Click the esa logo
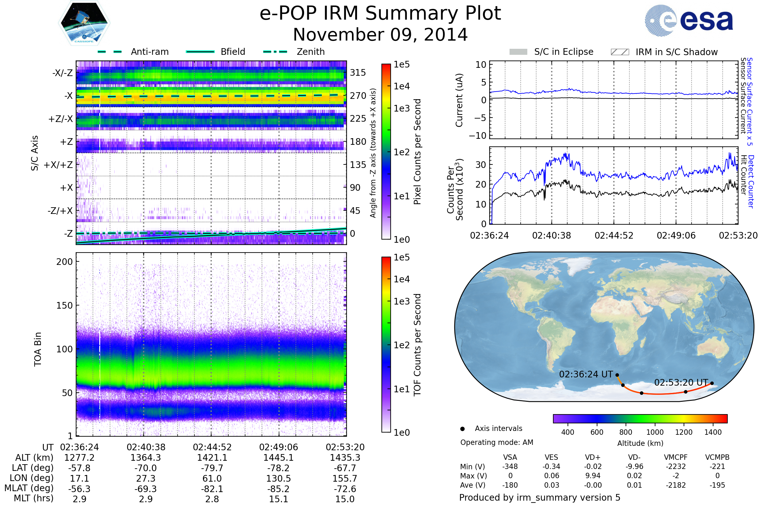[x=689, y=21]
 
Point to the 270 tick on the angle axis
[x=358, y=96]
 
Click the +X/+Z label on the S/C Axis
[x=58, y=165]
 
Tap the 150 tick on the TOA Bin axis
[x=64, y=305]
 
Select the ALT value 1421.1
[x=212, y=458]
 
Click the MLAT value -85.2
[x=278, y=489]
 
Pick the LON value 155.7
[x=345, y=478]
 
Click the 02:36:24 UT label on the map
[x=586, y=375]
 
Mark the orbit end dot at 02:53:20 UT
[x=712, y=383]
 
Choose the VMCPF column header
[x=676, y=458]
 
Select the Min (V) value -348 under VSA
[x=510, y=466]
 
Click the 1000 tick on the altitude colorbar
[x=655, y=432]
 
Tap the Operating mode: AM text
[x=497, y=442]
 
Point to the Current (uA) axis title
[x=459, y=100]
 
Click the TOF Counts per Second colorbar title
[x=417, y=345]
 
